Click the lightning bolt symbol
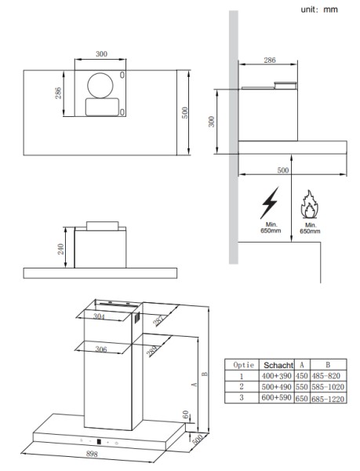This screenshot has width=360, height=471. point(269,203)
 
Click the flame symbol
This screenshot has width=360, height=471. point(308,204)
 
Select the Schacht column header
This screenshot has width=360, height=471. point(278,366)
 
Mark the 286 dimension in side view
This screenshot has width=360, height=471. point(269,60)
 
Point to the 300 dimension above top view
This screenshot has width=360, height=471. point(101,53)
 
